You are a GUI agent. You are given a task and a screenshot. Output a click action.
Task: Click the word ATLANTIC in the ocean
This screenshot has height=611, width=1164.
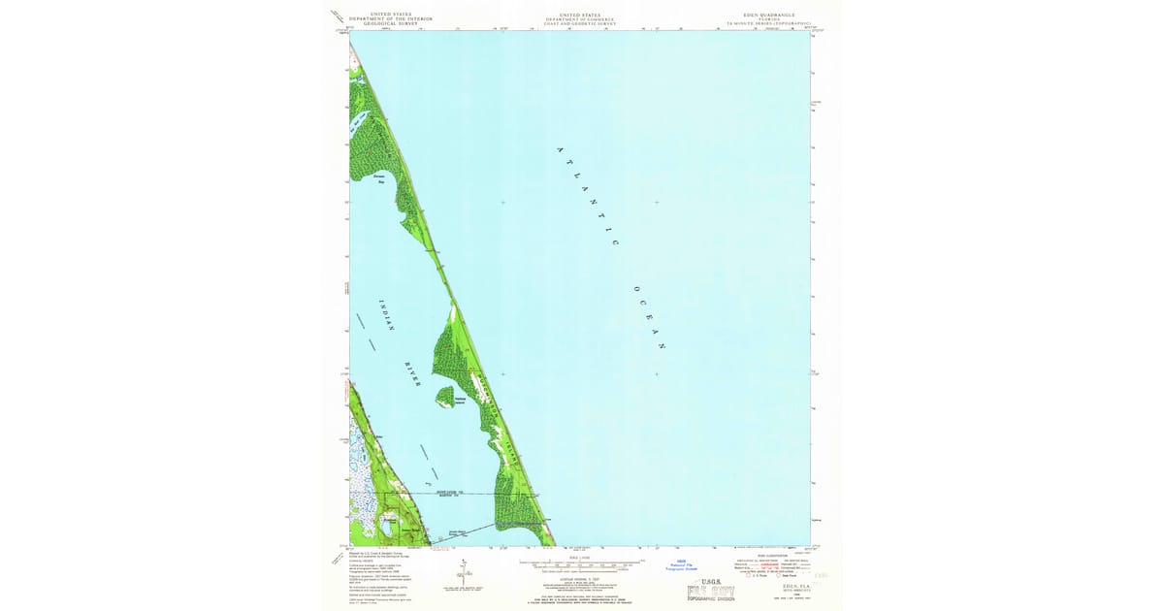coord(590,196)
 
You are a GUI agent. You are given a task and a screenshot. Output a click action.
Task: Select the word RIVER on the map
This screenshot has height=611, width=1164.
coord(412,374)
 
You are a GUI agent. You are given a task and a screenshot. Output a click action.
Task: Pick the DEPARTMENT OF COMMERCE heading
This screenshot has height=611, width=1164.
coord(579,18)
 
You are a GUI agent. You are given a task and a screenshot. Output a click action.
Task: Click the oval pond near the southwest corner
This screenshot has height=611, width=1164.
coord(389,522)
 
